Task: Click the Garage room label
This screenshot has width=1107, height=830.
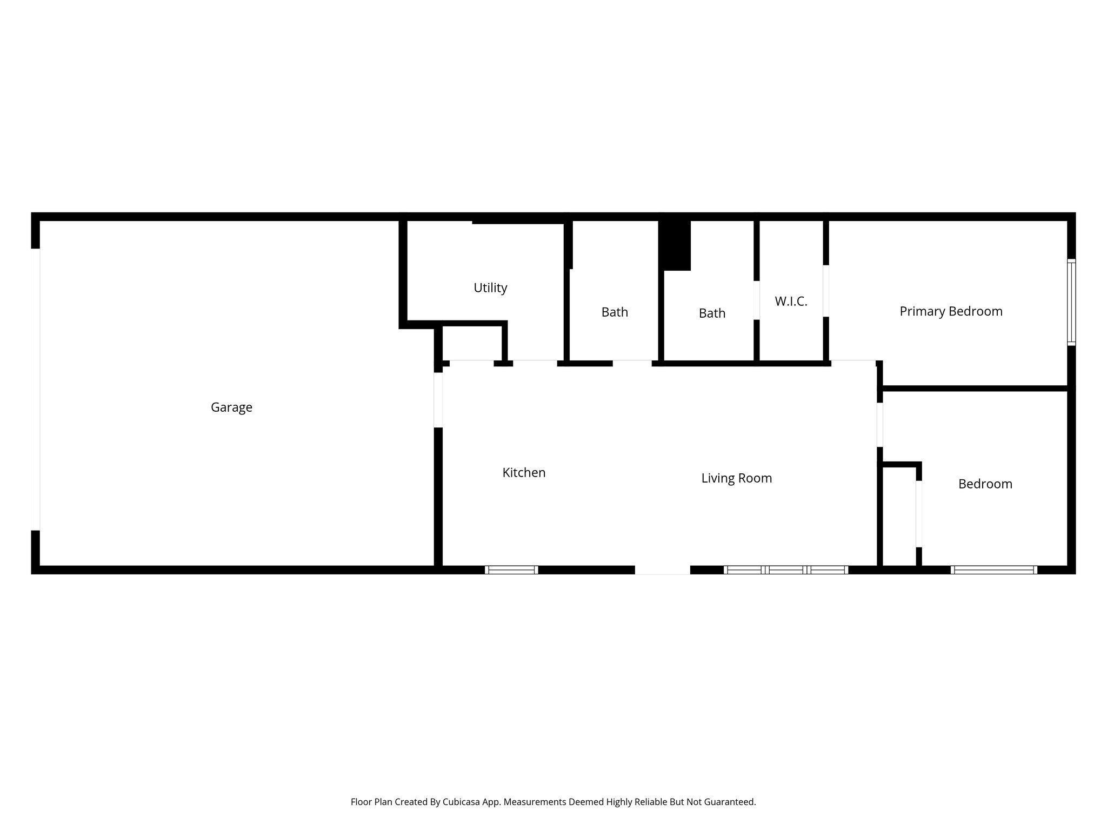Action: [231, 407]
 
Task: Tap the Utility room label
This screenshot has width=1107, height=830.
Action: [490, 288]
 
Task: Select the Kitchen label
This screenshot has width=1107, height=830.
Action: [524, 473]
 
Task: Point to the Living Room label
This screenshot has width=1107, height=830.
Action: [736, 478]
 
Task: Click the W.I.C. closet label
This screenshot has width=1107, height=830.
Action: [791, 302]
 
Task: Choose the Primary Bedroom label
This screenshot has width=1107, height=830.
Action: [951, 311]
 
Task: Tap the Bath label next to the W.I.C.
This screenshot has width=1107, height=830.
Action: [712, 313]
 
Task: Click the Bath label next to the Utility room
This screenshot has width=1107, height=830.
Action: [615, 312]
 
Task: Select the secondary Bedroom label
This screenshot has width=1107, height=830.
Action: [985, 484]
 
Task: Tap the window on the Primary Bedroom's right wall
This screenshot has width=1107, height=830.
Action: [1071, 302]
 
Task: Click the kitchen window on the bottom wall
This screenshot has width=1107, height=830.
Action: [511, 570]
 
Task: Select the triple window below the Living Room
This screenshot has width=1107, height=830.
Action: [785, 570]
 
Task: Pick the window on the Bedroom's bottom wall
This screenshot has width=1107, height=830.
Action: [993, 570]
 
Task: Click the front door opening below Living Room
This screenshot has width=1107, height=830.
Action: [662, 570]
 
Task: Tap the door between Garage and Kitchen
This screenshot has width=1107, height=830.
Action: [438, 400]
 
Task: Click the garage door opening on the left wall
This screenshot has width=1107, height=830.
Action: [36, 389]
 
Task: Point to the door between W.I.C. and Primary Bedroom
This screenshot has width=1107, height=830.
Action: [826, 291]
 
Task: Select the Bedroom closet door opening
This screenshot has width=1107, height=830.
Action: [918, 513]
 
